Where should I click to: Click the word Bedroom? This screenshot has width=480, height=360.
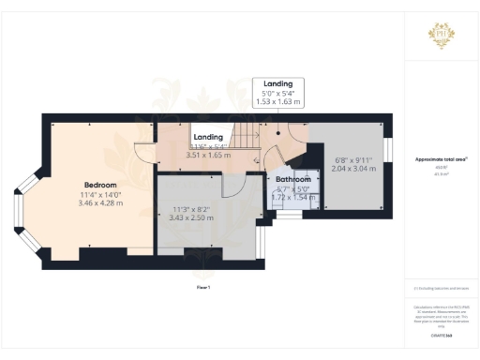tap(100, 185)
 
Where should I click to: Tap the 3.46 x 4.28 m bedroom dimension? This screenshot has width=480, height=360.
tap(100, 202)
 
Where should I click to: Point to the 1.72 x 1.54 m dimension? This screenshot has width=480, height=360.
tap(292, 197)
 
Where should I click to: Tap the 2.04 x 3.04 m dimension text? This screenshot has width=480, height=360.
tap(353, 172)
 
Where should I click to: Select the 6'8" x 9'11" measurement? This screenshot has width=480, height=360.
tap(353, 161)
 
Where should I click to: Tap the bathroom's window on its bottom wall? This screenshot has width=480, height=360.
tap(290, 214)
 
